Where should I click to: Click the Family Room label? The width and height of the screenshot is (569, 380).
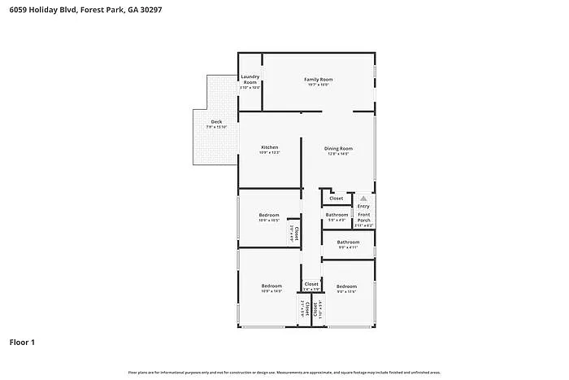pos(319,79)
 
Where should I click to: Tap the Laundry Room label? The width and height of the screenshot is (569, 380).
pos(250,80)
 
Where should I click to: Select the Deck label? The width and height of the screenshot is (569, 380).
pos(216,122)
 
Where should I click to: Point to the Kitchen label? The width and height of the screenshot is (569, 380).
pos(269,147)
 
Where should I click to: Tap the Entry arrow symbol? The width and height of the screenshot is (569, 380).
pos(363,198)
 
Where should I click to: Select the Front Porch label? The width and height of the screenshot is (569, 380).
pos(363,217)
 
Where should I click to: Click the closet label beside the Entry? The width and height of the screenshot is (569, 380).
pos(337,198)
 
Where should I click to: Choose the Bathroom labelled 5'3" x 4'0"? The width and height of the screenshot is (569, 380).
pos(337,215)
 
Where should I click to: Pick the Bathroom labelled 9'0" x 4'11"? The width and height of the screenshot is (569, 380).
pos(348,242)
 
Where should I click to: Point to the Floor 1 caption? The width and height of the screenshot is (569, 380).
pos(22,342)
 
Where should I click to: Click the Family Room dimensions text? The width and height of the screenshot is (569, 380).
pos(319,85)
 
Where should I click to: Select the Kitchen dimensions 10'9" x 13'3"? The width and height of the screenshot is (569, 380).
pos(269,153)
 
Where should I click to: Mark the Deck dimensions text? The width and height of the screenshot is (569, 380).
pos(216,128)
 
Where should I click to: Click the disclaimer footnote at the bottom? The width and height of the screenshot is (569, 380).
pos(284,372)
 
